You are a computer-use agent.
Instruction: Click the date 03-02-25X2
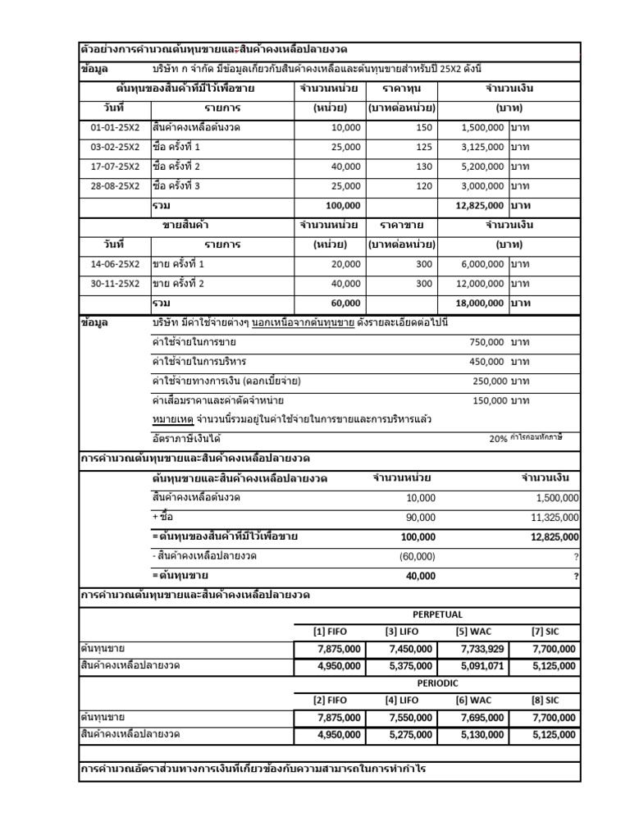pyautogui.click(x=115, y=147)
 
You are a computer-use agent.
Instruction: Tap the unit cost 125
pyautogui.click(x=424, y=147)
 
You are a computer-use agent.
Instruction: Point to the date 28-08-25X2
pyautogui.click(x=115, y=186)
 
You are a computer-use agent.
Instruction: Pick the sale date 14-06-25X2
pyautogui.click(x=115, y=264)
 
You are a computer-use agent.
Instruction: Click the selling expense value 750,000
pyautogui.click(x=486, y=342)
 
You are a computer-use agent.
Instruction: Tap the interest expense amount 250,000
pyautogui.click(x=486, y=381)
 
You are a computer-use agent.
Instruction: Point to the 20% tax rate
pyautogui.click(x=498, y=439)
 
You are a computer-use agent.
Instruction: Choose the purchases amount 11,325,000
pyautogui.click(x=553, y=518)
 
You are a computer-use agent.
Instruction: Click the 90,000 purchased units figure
pyautogui.click(x=421, y=518)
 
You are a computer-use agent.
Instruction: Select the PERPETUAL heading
pyautogui.click(x=437, y=614)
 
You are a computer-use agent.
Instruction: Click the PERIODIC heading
pyautogui.click(x=437, y=682)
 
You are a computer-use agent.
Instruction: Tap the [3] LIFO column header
pyautogui.click(x=402, y=631)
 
